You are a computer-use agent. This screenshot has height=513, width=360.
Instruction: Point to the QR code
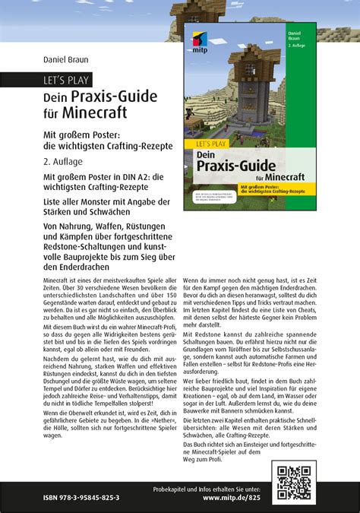(294, 482)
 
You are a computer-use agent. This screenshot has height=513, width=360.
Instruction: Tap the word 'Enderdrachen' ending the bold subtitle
(78, 266)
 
